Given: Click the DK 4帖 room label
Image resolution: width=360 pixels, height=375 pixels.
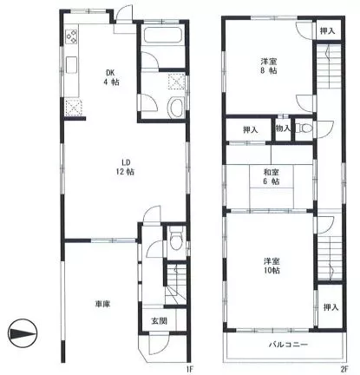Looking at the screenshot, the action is [x=111, y=77].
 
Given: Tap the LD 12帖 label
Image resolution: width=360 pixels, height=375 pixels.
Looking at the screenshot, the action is [x=125, y=167].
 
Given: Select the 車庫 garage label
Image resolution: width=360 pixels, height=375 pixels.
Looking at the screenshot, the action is [x=102, y=304].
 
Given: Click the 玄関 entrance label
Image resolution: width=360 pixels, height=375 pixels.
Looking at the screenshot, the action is [x=159, y=320].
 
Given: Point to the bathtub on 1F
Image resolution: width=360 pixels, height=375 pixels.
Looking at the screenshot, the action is [x=162, y=36].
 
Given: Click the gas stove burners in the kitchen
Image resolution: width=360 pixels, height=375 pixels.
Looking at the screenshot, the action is [x=71, y=36].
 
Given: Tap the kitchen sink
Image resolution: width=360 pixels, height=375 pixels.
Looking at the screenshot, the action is [x=71, y=64].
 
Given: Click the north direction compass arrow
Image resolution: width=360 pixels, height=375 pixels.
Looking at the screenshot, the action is [x=23, y=333].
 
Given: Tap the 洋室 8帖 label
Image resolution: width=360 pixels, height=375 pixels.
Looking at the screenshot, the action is [x=269, y=66].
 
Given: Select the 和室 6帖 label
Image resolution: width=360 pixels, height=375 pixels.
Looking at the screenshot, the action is [x=271, y=177].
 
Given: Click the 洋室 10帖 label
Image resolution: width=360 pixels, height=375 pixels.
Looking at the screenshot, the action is [x=272, y=266].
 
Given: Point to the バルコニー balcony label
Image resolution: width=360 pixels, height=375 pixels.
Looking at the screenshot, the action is [x=288, y=345].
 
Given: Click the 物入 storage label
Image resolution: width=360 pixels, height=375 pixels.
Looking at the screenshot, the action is [x=283, y=128].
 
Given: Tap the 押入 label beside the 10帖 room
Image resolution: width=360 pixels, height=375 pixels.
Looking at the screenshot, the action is [x=331, y=307].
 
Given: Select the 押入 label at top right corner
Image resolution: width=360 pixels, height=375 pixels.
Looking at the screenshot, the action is [x=328, y=31].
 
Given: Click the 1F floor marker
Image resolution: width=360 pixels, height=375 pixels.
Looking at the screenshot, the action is [x=189, y=369].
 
